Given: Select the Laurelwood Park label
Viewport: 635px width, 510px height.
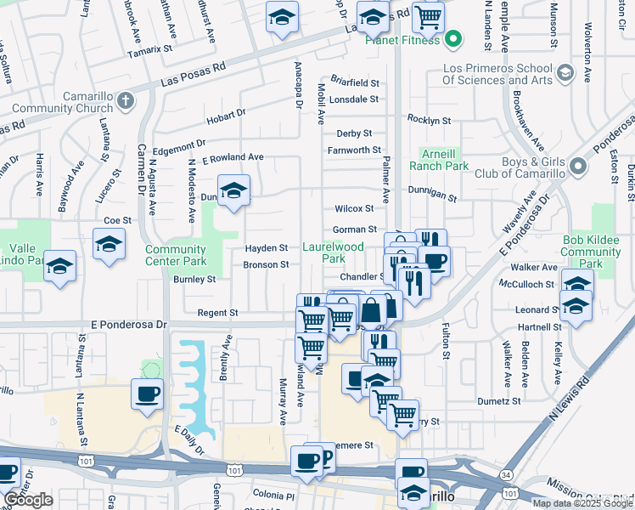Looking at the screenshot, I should point(334,252).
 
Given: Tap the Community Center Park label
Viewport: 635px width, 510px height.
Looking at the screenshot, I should point(176,255).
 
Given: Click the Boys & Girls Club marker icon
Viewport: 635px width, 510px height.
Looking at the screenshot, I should point(580,167).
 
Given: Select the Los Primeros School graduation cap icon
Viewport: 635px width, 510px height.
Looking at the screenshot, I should point(564,73).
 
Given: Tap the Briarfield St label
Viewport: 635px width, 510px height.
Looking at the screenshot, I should point(354,83).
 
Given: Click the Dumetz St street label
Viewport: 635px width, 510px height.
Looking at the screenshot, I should point(497,401).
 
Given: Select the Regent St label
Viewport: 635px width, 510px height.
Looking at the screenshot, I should point(217,313).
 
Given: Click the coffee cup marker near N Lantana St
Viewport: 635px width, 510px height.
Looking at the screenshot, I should point(146,394).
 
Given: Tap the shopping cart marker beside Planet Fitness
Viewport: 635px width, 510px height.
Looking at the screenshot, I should point(428,16).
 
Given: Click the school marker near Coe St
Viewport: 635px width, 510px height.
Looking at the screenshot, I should point(109,246).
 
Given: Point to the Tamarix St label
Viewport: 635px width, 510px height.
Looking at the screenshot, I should point(149,51).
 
